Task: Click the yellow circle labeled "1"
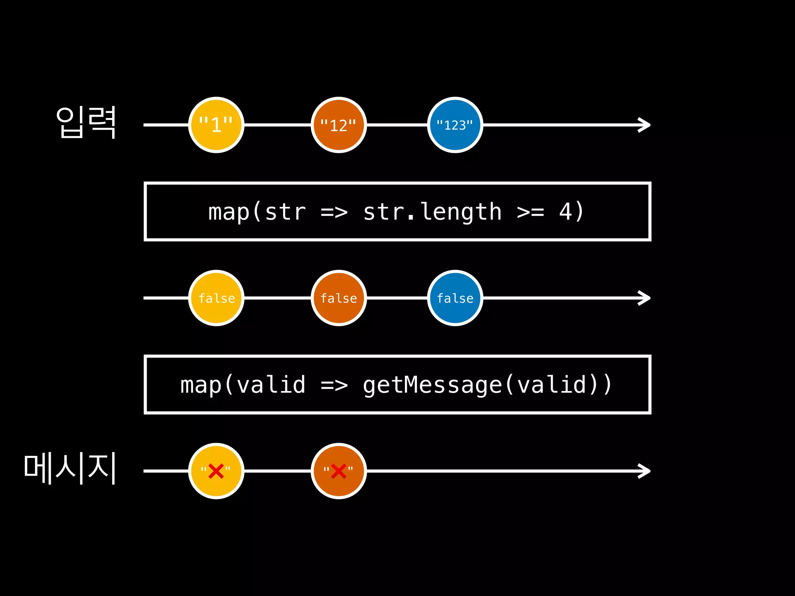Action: [216, 125]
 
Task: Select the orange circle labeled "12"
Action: [338, 125]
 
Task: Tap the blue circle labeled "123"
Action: [455, 125]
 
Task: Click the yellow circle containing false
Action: [216, 298]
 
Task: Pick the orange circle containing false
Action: [338, 298]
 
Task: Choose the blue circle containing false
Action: [455, 298]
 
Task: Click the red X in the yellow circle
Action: [216, 471]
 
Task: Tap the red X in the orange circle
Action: [338, 471]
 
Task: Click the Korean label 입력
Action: [86, 122]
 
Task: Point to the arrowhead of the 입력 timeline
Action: [645, 125]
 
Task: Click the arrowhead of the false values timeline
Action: [645, 298]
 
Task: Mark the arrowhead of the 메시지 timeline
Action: [645, 471]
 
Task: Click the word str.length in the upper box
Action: [432, 212]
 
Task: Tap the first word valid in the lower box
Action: [271, 385]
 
